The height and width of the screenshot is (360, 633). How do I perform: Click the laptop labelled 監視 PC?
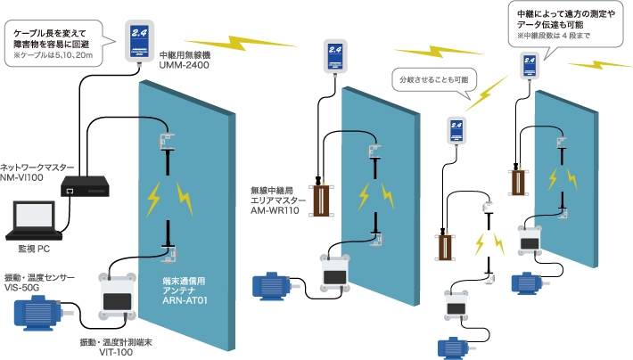pyautogui.click(x=34, y=220)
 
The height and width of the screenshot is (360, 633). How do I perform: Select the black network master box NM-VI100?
pyautogui.click(x=86, y=186)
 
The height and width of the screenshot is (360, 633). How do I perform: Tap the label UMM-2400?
pyautogui.click(x=184, y=65)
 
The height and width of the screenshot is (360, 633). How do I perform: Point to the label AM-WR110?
pyautogui.click(x=275, y=210)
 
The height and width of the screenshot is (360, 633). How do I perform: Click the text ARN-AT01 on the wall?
pyautogui.click(x=185, y=300)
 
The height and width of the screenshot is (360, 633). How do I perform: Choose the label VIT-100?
pyautogui.click(x=116, y=352)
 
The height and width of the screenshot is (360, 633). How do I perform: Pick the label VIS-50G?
pyautogui.click(x=21, y=288)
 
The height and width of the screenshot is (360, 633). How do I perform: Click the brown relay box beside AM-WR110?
pyautogui.click(x=322, y=200)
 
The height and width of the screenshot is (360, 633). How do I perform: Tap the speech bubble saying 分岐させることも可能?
pyautogui.click(x=434, y=79)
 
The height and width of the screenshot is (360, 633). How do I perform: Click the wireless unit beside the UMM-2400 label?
pyautogui.click(x=139, y=41)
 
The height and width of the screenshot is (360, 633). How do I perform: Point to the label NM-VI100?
pyautogui.click(x=21, y=177)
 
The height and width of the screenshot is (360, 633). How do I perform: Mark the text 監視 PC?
pyautogui.click(x=34, y=249)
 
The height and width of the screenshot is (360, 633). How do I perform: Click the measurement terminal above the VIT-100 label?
pyautogui.click(x=117, y=297)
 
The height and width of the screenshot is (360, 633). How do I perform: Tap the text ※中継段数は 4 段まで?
pyautogui.click(x=554, y=36)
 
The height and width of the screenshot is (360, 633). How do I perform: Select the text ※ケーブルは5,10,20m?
pyautogui.click(x=53, y=55)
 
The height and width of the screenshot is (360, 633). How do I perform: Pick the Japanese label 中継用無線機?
pyautogui.click(x=185, y=55)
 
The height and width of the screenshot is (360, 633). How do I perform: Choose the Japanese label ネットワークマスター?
pyautogui.click(x=37, y=168)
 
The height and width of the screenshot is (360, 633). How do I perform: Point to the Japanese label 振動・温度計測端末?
pyautogui.click(x=116, y=342)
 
